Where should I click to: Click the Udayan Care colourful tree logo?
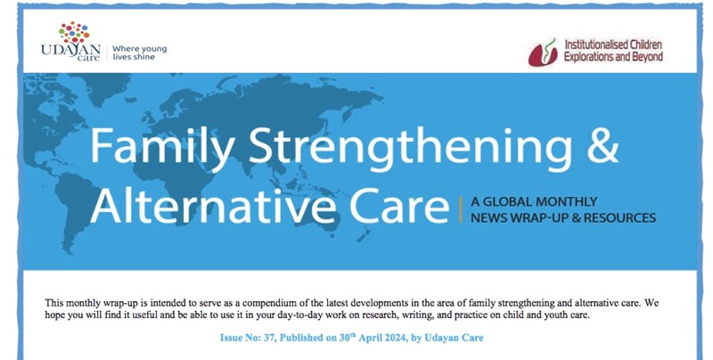[74, 33]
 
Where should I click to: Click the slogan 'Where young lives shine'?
[140, 53]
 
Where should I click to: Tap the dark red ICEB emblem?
[543, 53]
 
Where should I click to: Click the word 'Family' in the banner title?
[162, 145]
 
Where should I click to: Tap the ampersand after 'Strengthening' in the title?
[603, 145]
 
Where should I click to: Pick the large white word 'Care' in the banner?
[399, 205]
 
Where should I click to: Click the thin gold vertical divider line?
[461, 209]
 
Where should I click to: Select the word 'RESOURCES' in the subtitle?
[619, 217]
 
